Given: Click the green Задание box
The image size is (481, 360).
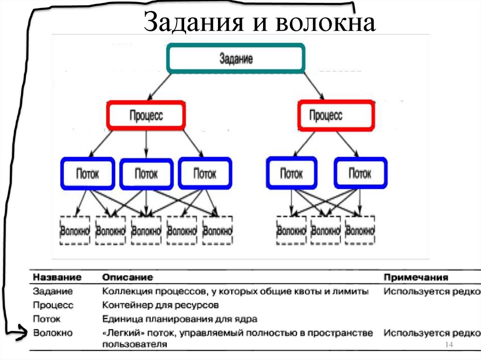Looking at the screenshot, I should pos(236,59).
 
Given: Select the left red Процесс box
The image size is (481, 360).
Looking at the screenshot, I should pos(146,115).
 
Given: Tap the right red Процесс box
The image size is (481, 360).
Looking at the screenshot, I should pos(336,115).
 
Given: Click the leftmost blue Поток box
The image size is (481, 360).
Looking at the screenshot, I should pos(87,174).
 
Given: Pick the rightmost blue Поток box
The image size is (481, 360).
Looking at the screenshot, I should pos(360,174).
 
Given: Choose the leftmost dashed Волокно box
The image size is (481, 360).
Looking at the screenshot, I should pos(74,230).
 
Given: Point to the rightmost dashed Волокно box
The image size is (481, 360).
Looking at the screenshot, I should pos(360,230).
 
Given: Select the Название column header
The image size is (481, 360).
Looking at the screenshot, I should pos(54,277).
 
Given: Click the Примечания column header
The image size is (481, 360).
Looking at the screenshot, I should pos(416,277).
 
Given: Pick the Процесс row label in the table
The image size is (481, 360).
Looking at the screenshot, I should pos(53,306).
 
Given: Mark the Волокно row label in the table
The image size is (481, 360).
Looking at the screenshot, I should pos(53,333).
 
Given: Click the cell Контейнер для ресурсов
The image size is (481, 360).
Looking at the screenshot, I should pos(160,306).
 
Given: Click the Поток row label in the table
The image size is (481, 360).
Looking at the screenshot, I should pos(47,320).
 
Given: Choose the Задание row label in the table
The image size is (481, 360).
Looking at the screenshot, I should pos(53,291).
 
